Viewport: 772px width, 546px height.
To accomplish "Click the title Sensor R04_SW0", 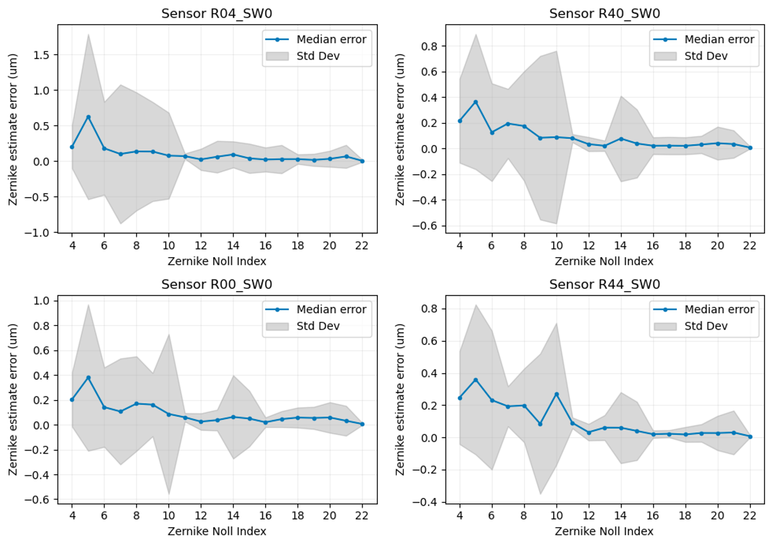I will pos(217,13).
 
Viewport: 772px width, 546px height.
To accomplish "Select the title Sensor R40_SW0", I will pos(604,13).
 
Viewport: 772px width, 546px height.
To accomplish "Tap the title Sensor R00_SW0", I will pos(217,284).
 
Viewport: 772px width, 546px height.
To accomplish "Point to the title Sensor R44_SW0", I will pos(604,284).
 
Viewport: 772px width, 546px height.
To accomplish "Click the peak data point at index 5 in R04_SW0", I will pos(88,117).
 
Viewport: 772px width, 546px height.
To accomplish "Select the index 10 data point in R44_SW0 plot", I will pos(557,395).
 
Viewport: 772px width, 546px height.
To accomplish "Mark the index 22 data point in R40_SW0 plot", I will pos(750,148).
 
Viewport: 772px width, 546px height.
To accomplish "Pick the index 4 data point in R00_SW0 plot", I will pos(72,399).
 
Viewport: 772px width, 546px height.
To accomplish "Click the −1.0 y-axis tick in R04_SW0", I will pos(41,232).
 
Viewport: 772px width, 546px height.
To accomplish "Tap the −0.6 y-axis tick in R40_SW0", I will pos(429,226).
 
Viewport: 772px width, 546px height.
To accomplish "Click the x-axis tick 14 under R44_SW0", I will pos(620,516).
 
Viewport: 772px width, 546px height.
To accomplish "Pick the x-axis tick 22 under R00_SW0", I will pos(362,516).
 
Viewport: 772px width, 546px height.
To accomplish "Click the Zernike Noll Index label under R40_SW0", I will pos(604,261).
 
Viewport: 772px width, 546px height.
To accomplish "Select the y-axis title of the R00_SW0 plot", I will pos(13,399).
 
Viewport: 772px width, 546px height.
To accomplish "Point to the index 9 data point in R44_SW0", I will pos(540,424).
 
